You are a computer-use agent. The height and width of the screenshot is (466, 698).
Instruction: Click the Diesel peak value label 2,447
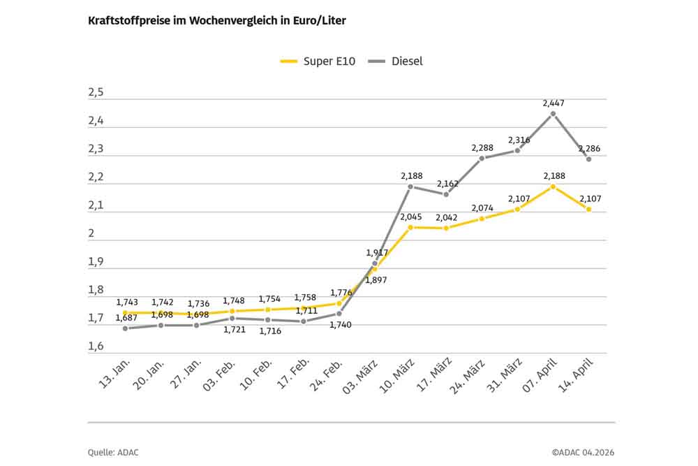554,103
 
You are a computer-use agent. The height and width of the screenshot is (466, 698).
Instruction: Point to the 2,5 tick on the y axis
96,93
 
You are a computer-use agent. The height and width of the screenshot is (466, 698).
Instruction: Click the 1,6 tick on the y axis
96,347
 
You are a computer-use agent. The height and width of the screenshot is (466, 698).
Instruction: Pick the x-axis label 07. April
535,378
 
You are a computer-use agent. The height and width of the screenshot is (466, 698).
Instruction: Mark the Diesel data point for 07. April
553,113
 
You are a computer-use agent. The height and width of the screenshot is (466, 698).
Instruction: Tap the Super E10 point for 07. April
553,187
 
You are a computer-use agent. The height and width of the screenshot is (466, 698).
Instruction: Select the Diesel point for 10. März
410,187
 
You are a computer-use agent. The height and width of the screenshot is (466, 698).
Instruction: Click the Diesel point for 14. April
588,159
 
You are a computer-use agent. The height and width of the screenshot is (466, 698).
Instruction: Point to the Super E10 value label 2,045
410,217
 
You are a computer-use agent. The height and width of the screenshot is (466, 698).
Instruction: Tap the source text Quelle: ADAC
113,452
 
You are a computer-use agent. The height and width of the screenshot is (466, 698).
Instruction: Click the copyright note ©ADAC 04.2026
584,452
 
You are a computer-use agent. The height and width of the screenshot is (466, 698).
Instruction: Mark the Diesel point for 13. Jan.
126,328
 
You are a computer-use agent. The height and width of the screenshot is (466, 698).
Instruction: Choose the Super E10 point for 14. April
588,210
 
